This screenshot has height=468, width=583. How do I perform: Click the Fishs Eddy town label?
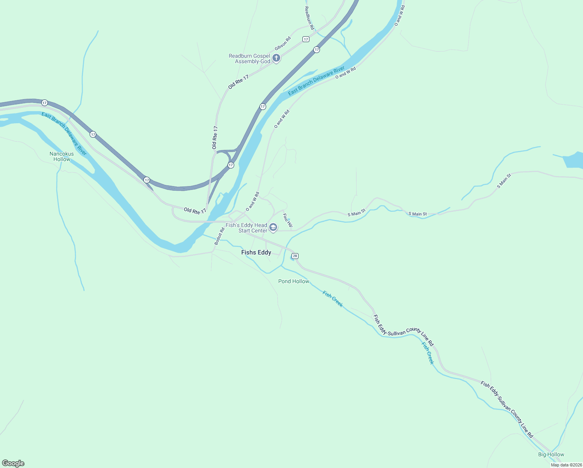[x=256, y=252]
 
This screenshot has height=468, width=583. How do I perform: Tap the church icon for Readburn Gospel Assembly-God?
[x=276, y=58]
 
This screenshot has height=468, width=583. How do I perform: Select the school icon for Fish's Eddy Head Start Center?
[x=273, y=228]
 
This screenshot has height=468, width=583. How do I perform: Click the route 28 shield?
[x=295, y=256]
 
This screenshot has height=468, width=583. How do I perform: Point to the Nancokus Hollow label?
[x=62, y=156]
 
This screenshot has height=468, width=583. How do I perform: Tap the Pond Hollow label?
[x=293, y=281]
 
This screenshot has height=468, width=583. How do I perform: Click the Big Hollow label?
[x=551, y=454]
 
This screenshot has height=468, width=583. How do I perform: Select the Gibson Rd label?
[x=283, y=43]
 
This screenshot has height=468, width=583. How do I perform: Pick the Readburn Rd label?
[x=309, y=18]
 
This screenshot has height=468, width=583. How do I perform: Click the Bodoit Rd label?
[x=219, y=236]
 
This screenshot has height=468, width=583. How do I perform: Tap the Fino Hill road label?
[x=287, y=221]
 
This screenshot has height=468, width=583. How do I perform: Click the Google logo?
[x=13, y=463]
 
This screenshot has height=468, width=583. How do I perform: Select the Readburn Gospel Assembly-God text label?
[x=249, y=58]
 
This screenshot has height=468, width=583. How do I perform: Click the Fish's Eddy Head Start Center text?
[x=246, y=228]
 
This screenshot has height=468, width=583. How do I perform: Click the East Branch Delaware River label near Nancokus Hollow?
[x=64, y=134]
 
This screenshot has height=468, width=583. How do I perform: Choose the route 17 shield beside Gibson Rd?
[x=306, y=39]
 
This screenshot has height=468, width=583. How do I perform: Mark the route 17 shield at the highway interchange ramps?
[x=231, y=165]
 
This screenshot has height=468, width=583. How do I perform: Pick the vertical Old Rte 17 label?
[x=215, y=137]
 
